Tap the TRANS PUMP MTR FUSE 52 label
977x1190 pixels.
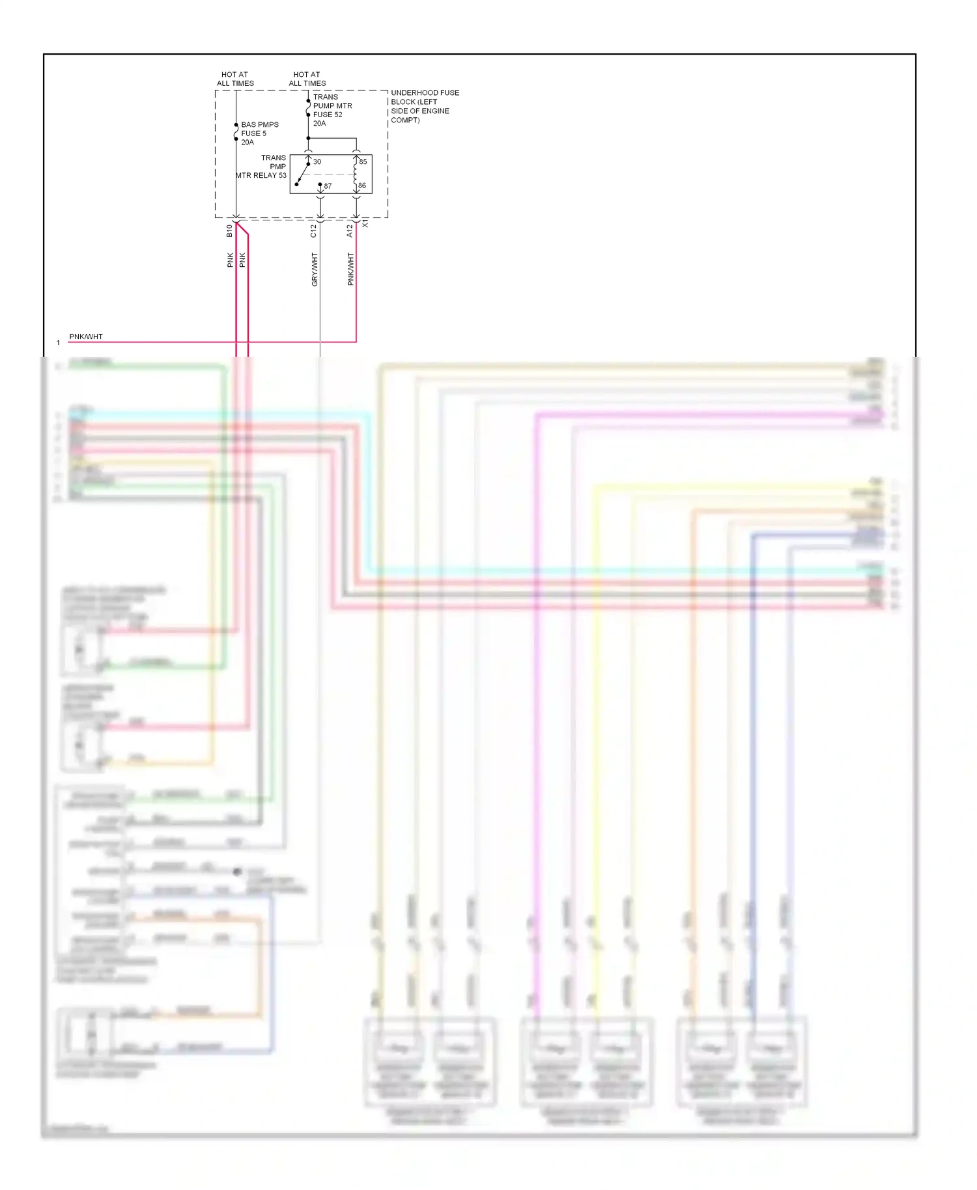click(x=332, y=110)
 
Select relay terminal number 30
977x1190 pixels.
click(x=317, y=162)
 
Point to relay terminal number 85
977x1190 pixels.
click(x=363, y=161)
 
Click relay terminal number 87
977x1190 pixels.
click(x=328, y=186)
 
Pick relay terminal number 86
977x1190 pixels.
click(x=362, y=186)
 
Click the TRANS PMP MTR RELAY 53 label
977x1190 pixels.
click(x=262, y=167)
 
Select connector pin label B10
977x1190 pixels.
click(x=229, y=230)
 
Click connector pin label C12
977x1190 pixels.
click(x=313, y=230)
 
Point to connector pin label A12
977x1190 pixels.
click(x=350, y=230)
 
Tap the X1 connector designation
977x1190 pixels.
click(x=365, y=223)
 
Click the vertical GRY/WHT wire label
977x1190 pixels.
click(x=315, y=270)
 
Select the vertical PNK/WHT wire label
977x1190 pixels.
click(x=350, y=270)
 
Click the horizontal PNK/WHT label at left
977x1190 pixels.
click(x=85, y=337)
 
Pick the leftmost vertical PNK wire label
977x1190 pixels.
click(x=230, y=260)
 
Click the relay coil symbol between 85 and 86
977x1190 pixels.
click(x=356, y=174)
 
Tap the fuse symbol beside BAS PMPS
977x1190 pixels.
click(x=236, y=132)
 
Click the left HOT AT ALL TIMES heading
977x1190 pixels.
click(x=235, y=79)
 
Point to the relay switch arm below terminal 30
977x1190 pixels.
click(x=302, y=174)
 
